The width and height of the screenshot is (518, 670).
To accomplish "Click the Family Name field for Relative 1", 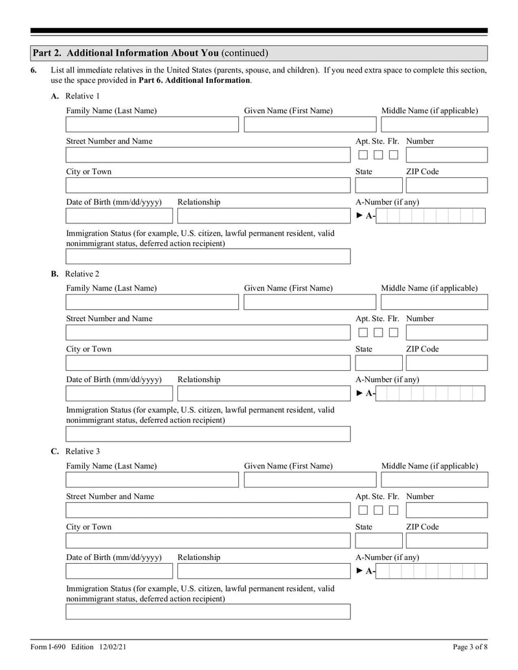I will pyautogui.click(x=152, y=124).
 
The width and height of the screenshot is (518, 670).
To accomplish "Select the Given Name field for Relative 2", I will pyautogui.click(x=310, y=302).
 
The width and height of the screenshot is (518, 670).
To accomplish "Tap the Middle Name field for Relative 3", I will pyautogui.click(x=434, y=480).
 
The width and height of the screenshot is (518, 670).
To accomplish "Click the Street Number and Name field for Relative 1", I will pyautogui.click(x=207, y=155).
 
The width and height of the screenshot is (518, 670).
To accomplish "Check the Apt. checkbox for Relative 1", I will pyautogui.click(x=363, y=155).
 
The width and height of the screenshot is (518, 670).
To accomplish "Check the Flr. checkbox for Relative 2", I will pyautogui.click(x=393, y=333).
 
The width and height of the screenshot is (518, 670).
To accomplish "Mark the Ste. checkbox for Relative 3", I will pyautogui.click(x=378, y=510).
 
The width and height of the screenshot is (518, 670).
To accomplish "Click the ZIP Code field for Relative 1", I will pyautogui.click(x=446, y=185).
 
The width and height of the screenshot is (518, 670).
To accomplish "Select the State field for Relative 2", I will pyautogui.click(x=378, y=363).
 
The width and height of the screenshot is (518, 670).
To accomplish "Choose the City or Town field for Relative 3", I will pyautogui.click(x=207, y=541).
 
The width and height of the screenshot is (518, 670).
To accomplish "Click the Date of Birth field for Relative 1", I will pyautogui.click(x=119, y=216).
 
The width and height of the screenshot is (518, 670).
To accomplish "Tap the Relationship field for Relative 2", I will pyautogui.click(x=264, y=394).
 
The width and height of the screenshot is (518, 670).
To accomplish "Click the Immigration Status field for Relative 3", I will pyautogui.click(x=207, y=612).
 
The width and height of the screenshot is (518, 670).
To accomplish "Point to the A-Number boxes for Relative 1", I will pyautogui.click(x=431, y=216).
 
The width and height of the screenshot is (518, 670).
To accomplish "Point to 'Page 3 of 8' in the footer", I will pyautogui.click(x=469, y=647).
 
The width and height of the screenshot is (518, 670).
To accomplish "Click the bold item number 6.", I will pyautogui.click(x=34, y=70).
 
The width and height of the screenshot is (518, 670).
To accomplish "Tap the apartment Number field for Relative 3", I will pyautogui.click(x=446, y=510).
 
